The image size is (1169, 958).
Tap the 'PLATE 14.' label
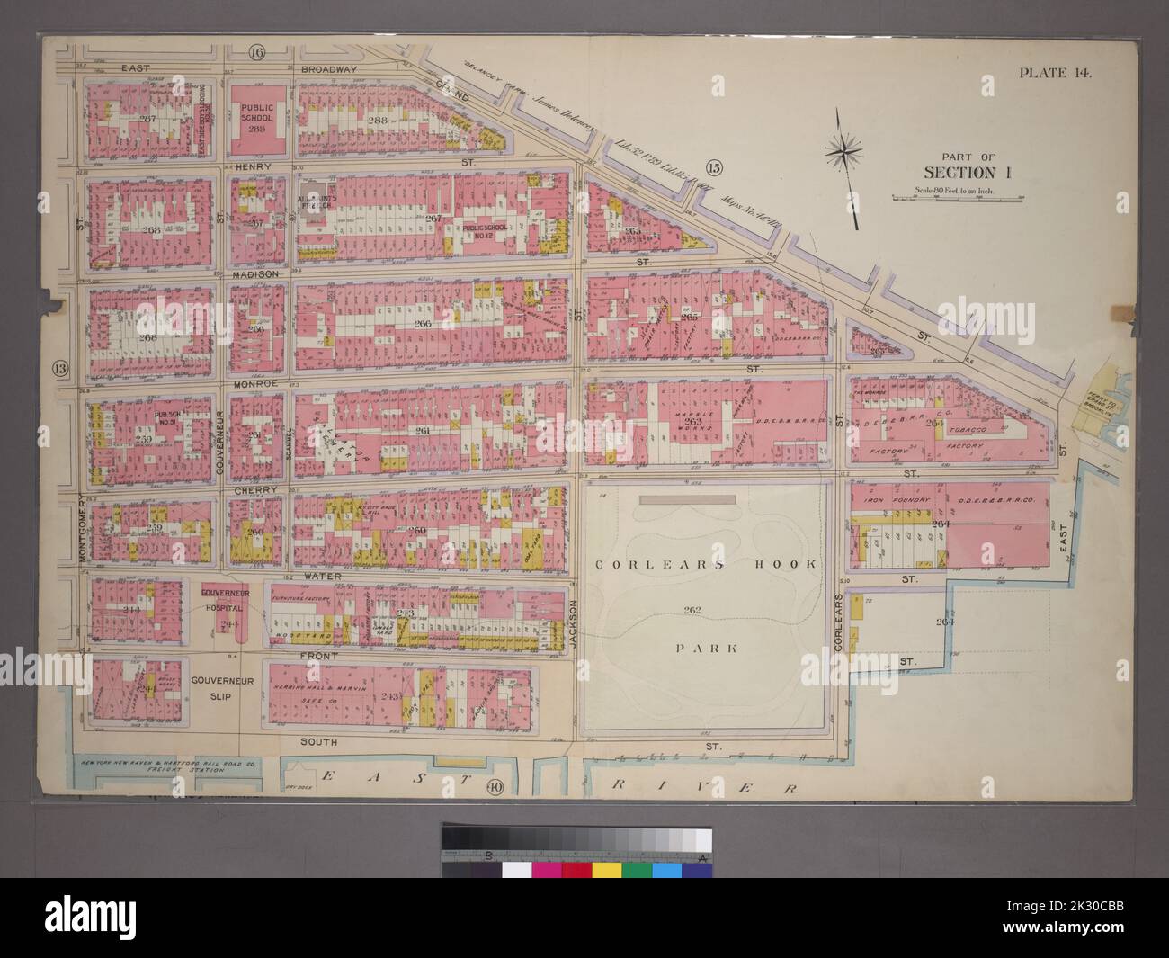click(x=1054, y=74)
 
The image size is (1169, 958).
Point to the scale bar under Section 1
click(x=952, y=197)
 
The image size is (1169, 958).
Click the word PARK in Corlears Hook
click(x=699, y=647)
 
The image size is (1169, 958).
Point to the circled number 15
click(x=715, y=165)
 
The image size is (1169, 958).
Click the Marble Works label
click(x=692, y=419)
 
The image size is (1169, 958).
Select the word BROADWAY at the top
click(x=330, y=68)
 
